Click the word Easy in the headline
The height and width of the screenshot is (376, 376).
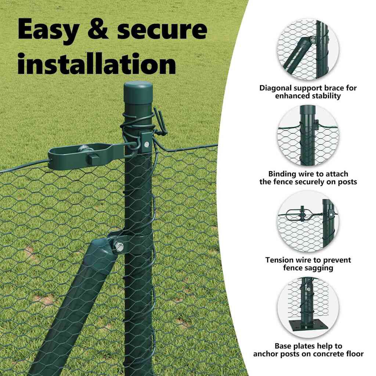[48, 30]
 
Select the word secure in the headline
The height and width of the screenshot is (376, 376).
[162, 30]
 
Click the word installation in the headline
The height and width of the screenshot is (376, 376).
[97, 63]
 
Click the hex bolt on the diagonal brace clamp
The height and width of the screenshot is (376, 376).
[119, 246]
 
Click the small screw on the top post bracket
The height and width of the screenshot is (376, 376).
[147, 144]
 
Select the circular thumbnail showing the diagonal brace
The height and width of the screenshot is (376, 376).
[308, 50]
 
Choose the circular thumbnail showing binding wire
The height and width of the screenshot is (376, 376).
[308, 136]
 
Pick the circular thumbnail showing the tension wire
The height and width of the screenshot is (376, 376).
[308, 221]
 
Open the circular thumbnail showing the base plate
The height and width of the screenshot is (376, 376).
[308, 307]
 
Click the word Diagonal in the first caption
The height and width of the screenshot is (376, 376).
[275, 88]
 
